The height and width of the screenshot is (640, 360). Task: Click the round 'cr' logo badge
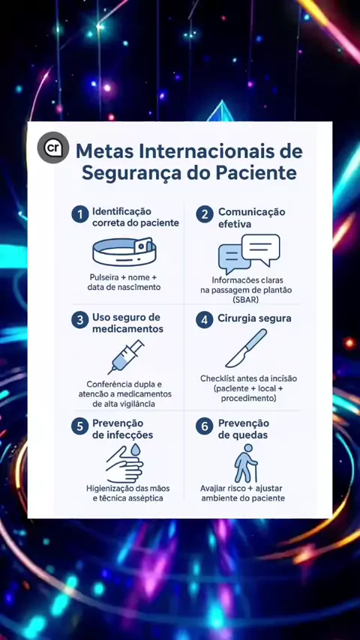click(53, 148)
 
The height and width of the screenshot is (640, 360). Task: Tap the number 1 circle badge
click(80, 214)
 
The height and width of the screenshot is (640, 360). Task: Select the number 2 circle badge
click(205, 214)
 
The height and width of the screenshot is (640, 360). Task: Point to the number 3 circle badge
click(80, 320)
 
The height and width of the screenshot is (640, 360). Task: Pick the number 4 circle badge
click(205, 320)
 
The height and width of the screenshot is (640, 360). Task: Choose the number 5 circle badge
click(80, 426)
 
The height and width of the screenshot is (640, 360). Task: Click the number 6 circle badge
click(205, 426)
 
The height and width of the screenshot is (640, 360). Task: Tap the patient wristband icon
click(124, 253)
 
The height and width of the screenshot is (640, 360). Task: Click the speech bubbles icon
click(249, 254)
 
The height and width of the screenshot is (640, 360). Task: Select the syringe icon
click(126, 357)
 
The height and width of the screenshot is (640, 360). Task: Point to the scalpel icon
click(246, 348)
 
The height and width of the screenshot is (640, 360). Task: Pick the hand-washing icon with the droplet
click(124, 463)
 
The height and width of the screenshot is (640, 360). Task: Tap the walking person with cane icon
click(246, 462)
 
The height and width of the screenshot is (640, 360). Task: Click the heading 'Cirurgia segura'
click(254, 319)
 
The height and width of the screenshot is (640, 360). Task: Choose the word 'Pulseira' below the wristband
click(103, 277)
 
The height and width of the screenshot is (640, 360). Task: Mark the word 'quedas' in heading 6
click(243, 435)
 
